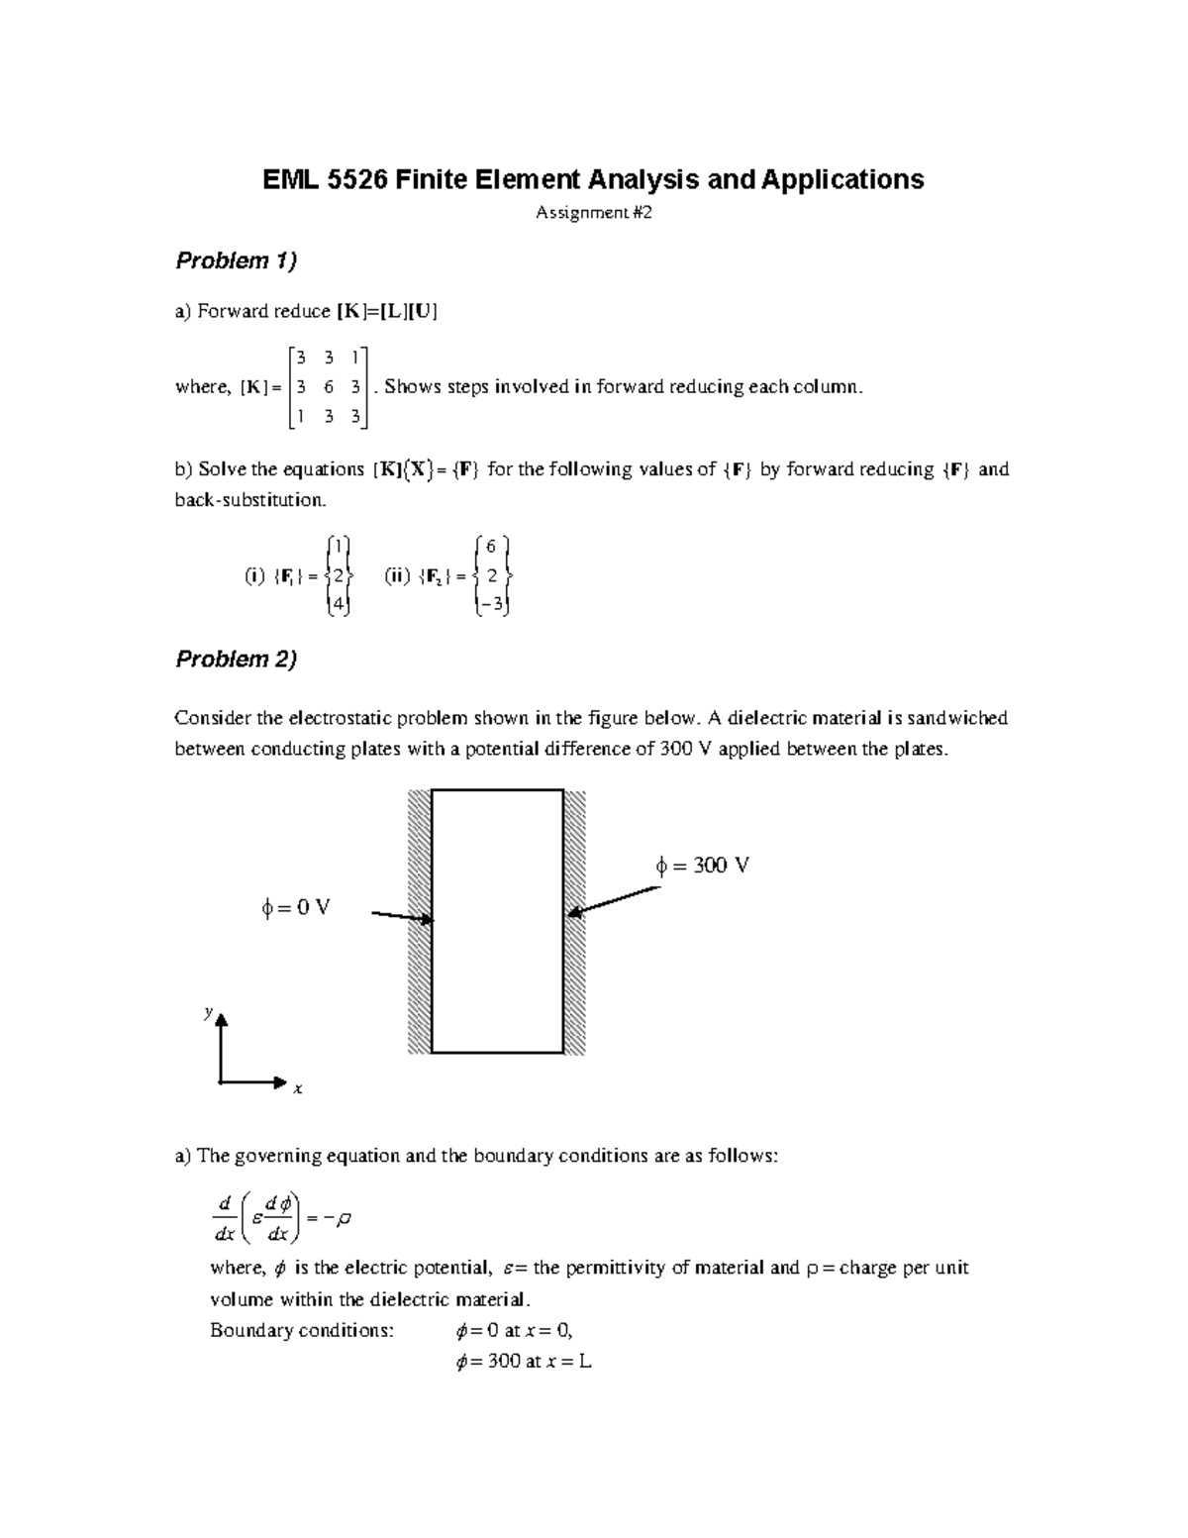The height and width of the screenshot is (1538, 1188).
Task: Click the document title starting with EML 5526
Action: [x=592, y=179]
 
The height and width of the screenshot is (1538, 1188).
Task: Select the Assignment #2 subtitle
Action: [x=594, y=213]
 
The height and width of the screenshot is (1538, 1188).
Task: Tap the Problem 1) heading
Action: [x=236, y=261]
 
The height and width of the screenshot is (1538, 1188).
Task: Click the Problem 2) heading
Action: [x=236, y=660]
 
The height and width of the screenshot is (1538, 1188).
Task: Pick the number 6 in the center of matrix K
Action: [x=329, y=387]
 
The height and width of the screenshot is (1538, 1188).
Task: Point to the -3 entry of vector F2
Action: [x=492, y=606]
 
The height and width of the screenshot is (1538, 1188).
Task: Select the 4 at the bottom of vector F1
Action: [x=337, y=606]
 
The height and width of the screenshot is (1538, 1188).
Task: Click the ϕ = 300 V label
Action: [x=702, y=866]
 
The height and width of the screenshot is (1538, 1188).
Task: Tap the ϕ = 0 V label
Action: [x=295, y=907]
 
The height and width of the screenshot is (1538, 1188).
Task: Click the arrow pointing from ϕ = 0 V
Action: [x=402, y=917]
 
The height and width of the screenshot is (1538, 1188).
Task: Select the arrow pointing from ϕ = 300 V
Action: [x=614, y=901]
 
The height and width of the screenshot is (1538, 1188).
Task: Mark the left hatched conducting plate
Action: [x=419, y=921]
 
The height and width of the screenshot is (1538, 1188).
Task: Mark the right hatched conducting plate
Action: [x=575, y=921]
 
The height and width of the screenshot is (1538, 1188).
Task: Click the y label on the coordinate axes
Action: [x=208, y=1012]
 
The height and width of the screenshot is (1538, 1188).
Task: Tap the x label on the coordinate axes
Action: [x=297, y=1089]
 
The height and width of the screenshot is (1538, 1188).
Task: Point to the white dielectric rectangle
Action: [x=497, y=921]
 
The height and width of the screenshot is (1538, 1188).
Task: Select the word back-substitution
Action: [x=249, y=500]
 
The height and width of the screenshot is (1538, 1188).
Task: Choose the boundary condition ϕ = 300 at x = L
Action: [x=522, y=1362]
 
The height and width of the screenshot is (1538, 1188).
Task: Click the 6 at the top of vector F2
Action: [x=492, y=546]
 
